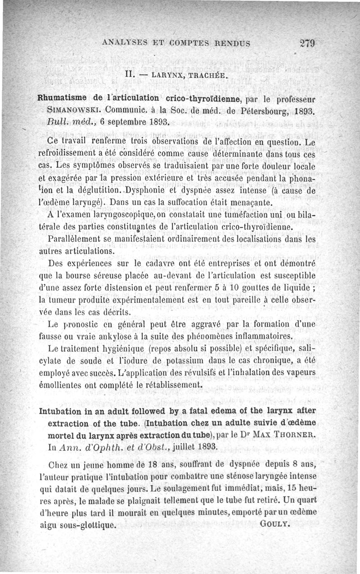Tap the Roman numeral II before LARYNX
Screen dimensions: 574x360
pos(130,74)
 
